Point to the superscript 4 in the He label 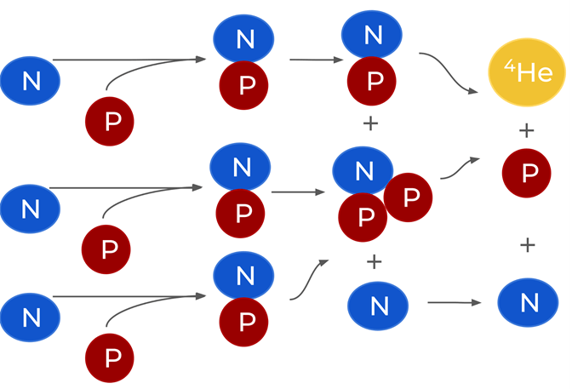coord(507,65)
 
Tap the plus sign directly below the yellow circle coord(527,130)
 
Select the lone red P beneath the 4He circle coord(529,174)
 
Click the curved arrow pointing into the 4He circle coord(447,72)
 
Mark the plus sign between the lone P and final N coord(528,245)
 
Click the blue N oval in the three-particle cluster coord(364,170)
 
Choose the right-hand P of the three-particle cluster coord(408,197)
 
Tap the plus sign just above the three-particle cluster coord(370,124)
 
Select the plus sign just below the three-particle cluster coord(374,261)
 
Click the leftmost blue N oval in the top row coord(31,82)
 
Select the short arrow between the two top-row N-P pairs coord(316,60)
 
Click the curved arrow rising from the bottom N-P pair coord(310,280)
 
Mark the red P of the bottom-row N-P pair coord(246,323)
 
